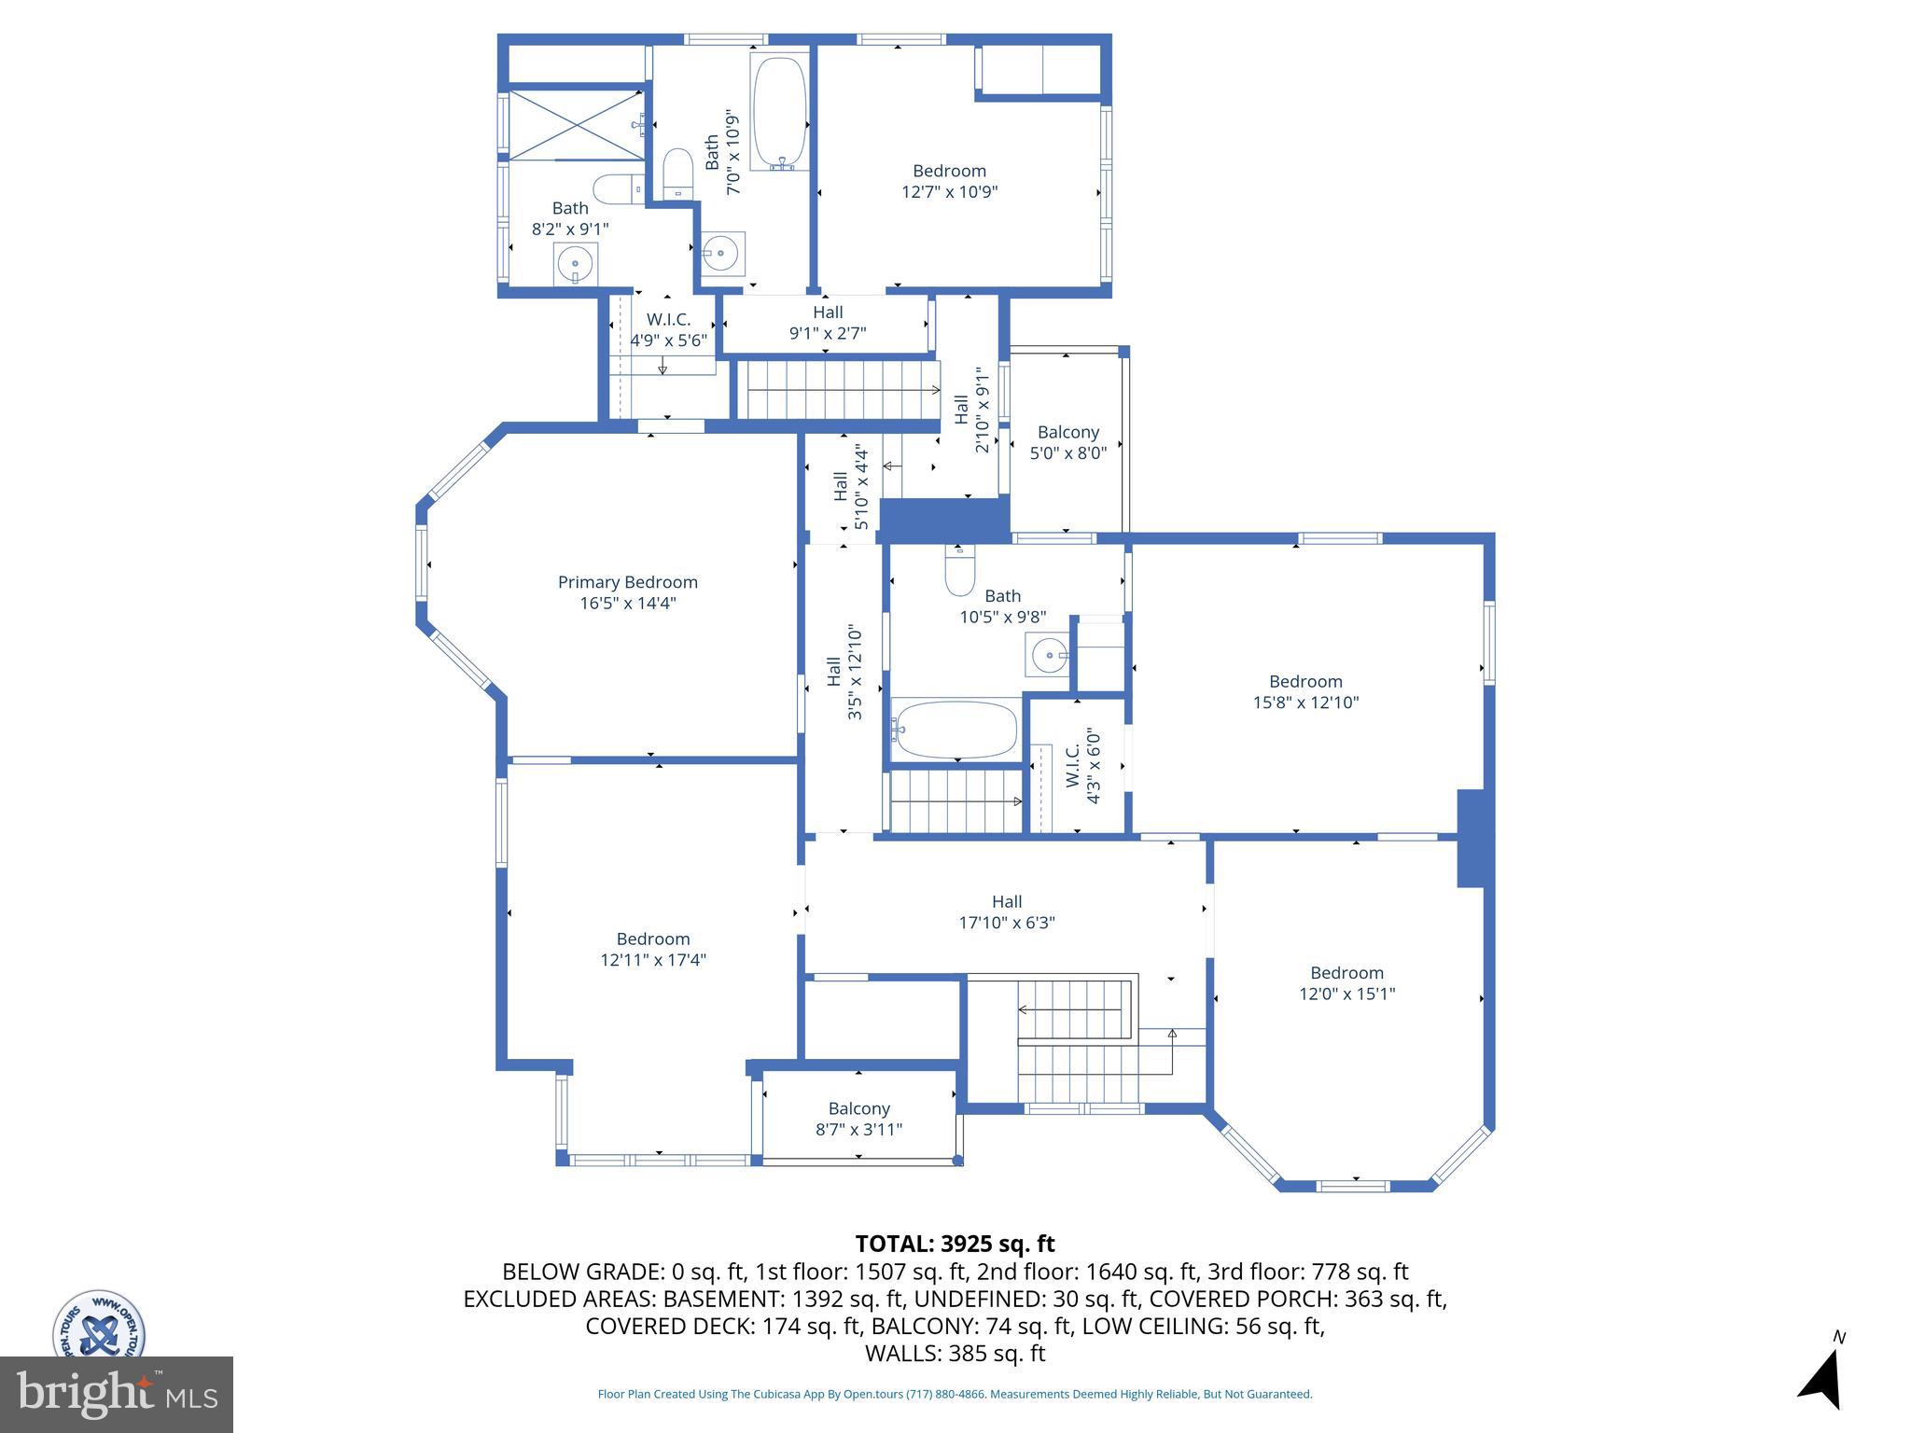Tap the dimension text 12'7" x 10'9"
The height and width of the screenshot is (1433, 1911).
click(949, 192)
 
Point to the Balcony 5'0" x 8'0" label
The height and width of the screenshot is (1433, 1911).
click(1067, 442)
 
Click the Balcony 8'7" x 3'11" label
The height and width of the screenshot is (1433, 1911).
click(858, 1119)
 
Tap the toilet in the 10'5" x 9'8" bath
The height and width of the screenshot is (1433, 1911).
click(959, 570)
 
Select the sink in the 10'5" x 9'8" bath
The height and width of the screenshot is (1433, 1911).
click(1048, 655)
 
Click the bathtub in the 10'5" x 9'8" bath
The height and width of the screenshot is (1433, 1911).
click(955, 730)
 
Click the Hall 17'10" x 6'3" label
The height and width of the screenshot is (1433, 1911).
click(1006, 911)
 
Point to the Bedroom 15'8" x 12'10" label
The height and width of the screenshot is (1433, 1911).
click(1304, 691)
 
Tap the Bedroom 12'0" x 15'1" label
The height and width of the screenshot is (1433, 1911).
click(1346, 982)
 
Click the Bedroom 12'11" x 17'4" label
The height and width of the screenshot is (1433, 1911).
click(652, 949)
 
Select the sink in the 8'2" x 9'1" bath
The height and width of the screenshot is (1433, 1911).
click(576, 264)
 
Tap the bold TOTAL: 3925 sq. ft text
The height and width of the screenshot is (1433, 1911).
click(955, 1244)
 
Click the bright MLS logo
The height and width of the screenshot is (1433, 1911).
click(116, 1394)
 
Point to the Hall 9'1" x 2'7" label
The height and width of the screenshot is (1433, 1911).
click(827, 322)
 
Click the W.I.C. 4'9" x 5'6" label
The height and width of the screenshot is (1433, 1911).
click(668, 330)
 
